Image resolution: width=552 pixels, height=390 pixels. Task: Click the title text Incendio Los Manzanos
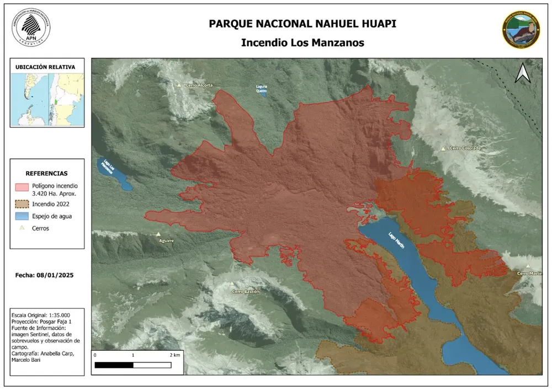(302, 42)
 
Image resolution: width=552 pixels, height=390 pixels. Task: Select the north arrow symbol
(522, 73)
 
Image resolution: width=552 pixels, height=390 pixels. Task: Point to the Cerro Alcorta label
(199, 86)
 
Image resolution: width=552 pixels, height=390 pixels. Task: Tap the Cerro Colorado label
(465, 148)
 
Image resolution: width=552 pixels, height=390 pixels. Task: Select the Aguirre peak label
(166, 241)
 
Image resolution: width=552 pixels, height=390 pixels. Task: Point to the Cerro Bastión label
(246, 291)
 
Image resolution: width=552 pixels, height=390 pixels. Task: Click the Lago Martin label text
(396, 241)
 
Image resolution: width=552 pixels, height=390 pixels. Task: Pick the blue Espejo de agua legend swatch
(22, 216)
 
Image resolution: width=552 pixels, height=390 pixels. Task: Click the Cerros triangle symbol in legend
(22, 228)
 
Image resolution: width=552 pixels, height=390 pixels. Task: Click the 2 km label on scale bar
(174, 355)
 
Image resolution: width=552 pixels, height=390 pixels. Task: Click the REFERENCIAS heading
(47, 173)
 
